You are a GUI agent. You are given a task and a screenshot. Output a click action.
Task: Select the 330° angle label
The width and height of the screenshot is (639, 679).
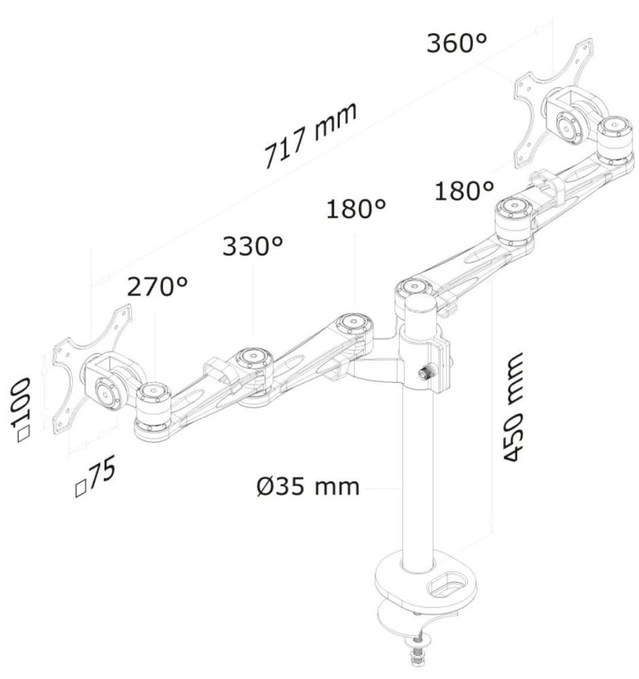tap(252, 246)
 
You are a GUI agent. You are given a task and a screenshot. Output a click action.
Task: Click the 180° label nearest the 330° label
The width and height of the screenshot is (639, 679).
tap(356, 209)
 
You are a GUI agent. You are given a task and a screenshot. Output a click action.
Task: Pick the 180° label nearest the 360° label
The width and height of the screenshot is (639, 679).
tap(464, 191)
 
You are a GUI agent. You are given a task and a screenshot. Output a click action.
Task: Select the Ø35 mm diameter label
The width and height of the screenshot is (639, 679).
tap(308, 486)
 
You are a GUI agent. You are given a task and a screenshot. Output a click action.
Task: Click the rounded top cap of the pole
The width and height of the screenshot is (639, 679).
tap(418, 306)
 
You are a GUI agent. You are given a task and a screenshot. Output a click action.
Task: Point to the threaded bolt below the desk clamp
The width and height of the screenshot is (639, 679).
tap(416, 655)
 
